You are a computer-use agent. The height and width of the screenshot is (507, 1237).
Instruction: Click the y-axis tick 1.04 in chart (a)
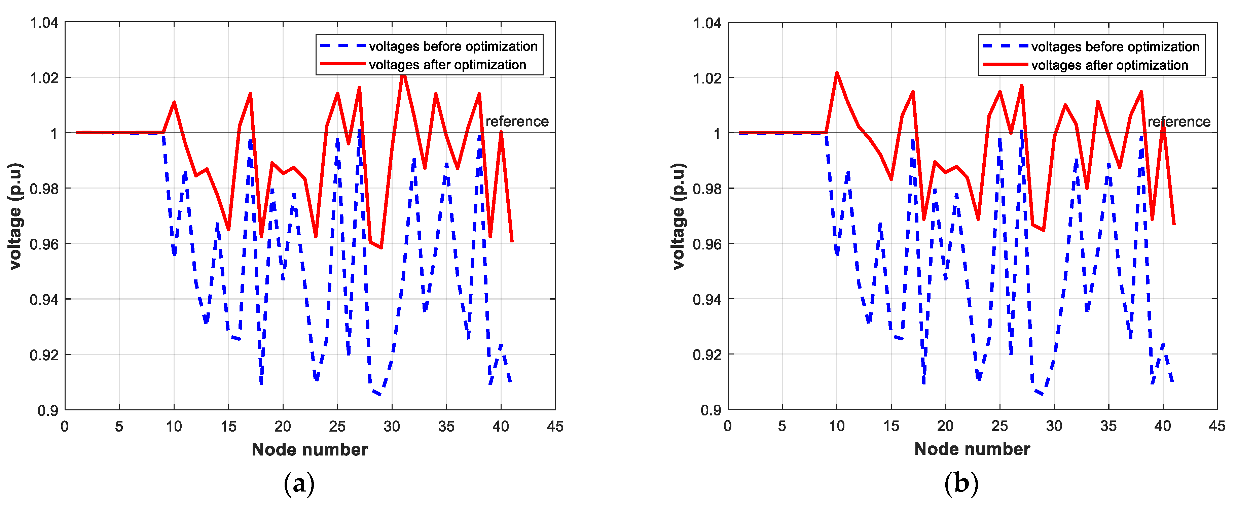click(44, 23)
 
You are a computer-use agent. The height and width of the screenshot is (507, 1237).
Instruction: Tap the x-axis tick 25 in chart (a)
click(337, 426)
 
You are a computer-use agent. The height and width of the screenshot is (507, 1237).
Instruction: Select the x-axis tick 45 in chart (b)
click(1217, 426)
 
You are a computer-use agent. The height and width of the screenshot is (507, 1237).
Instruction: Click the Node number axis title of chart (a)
click(310, 449)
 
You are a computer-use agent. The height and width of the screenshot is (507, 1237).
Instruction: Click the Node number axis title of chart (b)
click(972, 449)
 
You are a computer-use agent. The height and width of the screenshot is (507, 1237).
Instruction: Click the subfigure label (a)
click(299, 483)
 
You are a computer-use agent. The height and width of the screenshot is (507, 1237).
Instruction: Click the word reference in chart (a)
click(517, 122)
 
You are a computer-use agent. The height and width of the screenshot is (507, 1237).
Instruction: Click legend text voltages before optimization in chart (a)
click(453, 46)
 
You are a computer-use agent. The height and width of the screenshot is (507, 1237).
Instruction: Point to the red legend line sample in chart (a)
click(342, 64)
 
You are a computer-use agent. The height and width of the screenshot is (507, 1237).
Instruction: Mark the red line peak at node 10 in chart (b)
click(837, 73)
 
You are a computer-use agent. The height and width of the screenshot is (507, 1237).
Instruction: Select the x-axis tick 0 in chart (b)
click(728, 426)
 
